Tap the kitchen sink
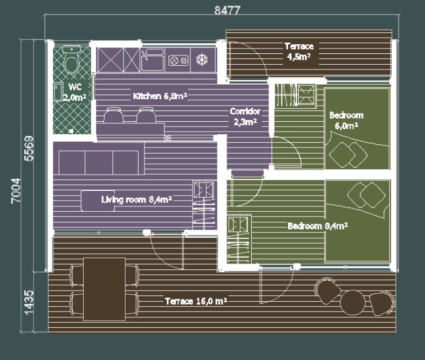coord(152,60)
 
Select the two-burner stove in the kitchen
coord(179,60)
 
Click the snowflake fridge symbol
coord(202,60)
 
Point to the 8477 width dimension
coord(227,10)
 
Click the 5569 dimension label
coord(29,149)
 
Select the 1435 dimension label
coord(29,302)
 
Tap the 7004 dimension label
coord(16,191)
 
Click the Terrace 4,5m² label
coord(299,52)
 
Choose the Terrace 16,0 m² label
coord(196,301)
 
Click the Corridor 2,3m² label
coord(245,116)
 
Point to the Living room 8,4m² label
coord(136,199)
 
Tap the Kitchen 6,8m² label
coord(160,96)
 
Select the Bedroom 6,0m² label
coord(346,120)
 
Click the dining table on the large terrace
coord(104,289)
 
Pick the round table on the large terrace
coord(353,302)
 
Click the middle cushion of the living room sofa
coord(99,163)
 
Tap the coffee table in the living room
coord(98,200)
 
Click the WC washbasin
coord(58,92)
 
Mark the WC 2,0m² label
coord(75,92)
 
